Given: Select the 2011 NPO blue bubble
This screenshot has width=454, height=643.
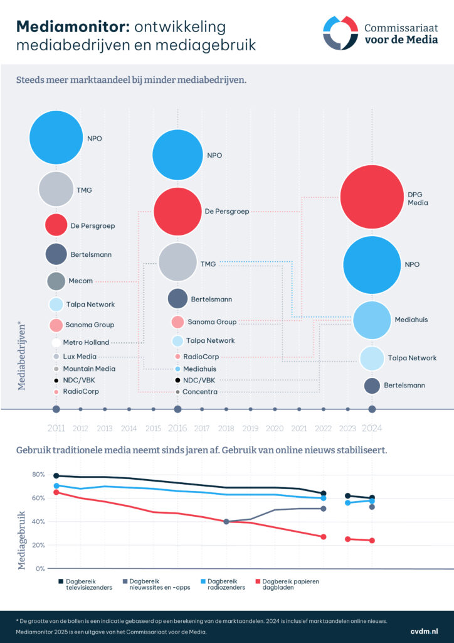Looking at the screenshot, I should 56,137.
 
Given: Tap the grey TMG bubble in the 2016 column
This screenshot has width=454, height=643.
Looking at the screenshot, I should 177,263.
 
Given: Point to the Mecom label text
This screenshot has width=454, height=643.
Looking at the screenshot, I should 80,281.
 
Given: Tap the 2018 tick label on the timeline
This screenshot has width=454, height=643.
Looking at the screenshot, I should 226,428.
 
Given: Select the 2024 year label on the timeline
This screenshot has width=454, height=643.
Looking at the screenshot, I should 372,428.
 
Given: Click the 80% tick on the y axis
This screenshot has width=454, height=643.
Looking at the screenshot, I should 38,475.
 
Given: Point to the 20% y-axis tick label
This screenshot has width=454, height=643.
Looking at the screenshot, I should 38,545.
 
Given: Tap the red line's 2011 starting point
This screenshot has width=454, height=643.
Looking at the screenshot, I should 56,492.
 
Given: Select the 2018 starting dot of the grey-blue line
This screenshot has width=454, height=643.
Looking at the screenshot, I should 226,521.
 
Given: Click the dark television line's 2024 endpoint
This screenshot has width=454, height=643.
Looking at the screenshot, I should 372,498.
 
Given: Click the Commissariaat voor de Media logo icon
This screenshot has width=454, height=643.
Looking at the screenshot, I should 340,33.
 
